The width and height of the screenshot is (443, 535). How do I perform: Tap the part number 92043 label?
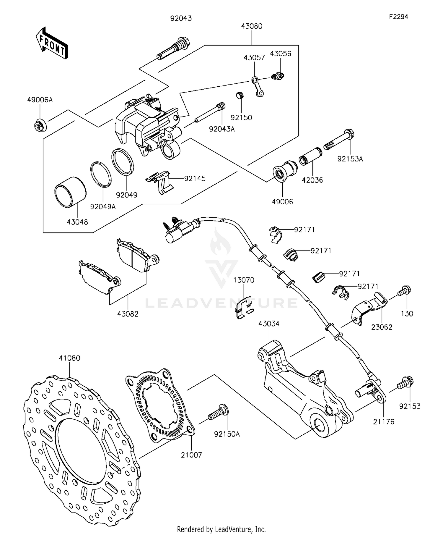[181, 18]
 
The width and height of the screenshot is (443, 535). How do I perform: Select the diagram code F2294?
[398, 17]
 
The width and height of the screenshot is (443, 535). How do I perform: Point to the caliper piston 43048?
[70, 191]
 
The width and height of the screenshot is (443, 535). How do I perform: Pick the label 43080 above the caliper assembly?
[252, 26]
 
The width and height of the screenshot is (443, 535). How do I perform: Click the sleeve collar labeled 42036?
[310, 156]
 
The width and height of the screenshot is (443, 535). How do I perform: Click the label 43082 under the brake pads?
[128, 314]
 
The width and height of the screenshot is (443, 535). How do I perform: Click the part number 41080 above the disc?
[69, 358]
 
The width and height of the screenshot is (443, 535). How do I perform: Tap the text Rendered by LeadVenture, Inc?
[221, 529]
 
